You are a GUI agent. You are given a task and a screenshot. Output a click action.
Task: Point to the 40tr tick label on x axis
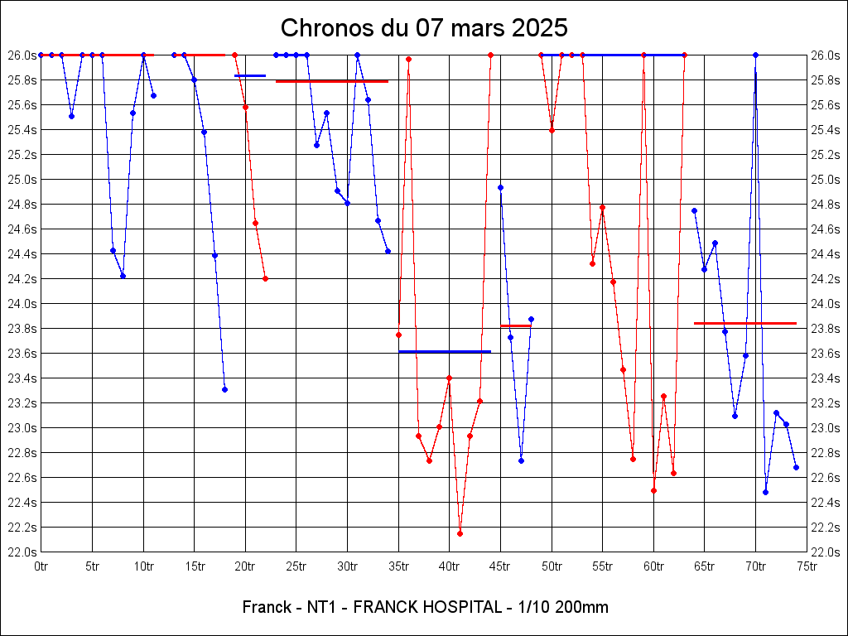449,566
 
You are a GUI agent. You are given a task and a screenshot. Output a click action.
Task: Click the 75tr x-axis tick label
807,566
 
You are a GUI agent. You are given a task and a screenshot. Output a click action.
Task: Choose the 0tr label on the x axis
41,566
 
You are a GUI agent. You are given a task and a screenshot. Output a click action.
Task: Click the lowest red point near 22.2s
460,533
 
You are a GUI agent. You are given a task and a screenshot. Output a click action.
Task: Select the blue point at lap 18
224,389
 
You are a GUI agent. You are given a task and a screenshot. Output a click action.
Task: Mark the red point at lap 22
265,278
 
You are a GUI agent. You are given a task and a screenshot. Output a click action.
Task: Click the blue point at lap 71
765,492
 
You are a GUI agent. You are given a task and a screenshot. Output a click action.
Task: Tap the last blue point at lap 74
796,467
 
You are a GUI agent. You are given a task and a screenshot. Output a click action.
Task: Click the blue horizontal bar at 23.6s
445,352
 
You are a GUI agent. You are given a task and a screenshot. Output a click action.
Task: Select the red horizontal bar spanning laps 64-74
744,323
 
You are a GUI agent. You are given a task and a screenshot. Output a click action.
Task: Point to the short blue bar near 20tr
250,75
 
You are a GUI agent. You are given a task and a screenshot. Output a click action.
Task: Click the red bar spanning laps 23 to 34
331,81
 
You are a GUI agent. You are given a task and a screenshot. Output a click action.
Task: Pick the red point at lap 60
653,490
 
